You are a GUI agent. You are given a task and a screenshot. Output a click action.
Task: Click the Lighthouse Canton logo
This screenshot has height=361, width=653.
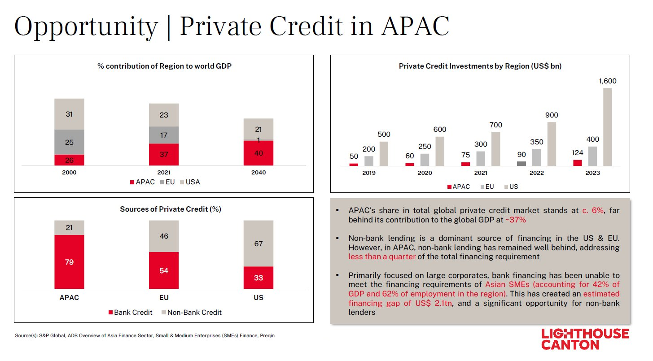585,339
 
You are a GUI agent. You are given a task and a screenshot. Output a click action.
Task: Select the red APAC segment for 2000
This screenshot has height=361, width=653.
69,160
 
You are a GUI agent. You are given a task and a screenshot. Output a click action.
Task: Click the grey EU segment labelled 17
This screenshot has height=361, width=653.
164,135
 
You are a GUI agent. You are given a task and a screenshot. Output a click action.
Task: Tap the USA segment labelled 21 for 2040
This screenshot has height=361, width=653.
259,129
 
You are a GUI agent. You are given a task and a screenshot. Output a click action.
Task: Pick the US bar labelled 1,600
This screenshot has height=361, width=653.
607,127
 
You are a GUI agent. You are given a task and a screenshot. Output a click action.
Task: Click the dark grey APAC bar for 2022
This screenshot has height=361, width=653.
521,164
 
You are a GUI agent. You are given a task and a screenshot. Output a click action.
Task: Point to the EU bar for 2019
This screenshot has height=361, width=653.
368,161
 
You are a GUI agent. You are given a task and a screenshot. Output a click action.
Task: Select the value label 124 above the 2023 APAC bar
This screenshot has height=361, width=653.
577,153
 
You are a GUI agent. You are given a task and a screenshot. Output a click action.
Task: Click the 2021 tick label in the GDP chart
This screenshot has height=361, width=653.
164,173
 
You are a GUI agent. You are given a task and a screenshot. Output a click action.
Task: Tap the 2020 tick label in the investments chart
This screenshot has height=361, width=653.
425,173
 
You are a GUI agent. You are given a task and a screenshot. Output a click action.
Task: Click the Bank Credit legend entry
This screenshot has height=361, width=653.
130,312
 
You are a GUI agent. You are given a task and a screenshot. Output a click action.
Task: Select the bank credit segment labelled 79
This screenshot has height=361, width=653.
69,262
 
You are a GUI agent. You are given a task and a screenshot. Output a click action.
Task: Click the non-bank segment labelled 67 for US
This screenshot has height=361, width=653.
259,244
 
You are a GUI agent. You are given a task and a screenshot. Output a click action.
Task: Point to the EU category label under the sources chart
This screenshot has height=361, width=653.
164,297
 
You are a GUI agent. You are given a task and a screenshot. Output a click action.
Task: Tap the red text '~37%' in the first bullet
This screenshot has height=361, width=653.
515,220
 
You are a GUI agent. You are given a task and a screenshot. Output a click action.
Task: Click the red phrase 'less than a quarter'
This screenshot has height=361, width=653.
382,257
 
